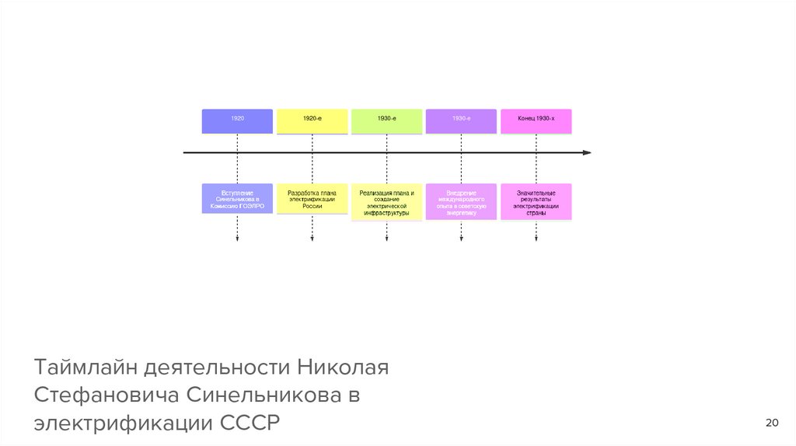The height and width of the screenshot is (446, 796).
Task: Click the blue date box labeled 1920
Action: point(237,120)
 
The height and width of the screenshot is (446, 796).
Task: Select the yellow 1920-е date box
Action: point(312,120)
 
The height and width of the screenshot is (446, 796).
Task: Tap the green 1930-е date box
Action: point(386,120)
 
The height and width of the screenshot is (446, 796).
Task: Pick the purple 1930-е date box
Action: point(461,120)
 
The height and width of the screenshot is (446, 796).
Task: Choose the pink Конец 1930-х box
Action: point(536,120)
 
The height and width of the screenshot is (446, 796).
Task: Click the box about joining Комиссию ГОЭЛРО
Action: point(237,199)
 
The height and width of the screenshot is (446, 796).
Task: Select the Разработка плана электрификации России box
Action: point(312,199)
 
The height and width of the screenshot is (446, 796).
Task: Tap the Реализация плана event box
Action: point(386,202)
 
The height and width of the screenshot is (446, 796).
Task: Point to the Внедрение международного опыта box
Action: point(461,202)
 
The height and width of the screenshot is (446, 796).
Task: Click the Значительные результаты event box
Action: point(536,202)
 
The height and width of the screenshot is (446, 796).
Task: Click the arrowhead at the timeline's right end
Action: point(587,153)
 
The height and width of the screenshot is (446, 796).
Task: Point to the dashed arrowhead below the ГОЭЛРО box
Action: point(237,239)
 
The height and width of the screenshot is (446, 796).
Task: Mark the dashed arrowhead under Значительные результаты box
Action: point(536,239)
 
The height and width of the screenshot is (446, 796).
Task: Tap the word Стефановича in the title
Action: point(105,395)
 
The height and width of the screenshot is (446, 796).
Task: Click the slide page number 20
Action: point(772,423)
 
